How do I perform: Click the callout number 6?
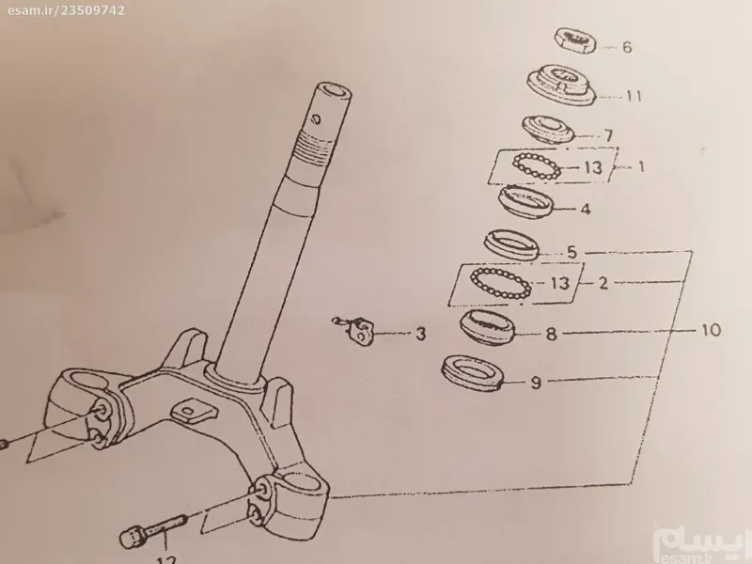(x=627, y=47)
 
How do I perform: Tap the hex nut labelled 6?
(x=576, y=41)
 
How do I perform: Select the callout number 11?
(x=634, y=96)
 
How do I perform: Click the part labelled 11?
(x=561, y=86)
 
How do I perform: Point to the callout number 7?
(x=608, y=135)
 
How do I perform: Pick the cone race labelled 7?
(x=549, y=129)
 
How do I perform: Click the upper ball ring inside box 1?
(x=537, y=166)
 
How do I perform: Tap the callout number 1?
(x=641, y=166)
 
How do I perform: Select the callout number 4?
(x=585, y=209)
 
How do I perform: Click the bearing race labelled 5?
(x=511, y=244)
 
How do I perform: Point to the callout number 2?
(x=603, y=283)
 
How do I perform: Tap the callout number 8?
(x=552, y=334)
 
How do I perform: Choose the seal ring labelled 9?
(x=473, y=372)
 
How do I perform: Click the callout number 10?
(x=711, y=330)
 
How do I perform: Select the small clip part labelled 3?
(x=357, y=330)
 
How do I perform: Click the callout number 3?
(x=420, y=334)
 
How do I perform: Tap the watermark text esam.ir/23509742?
(x=66, y=10)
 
